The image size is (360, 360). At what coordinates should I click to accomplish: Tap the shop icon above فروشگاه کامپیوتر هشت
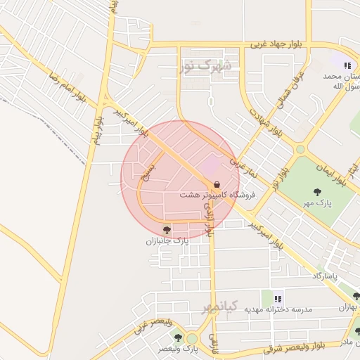click(216, 184)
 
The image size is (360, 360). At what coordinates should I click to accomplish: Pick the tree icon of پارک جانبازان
click(167, 229)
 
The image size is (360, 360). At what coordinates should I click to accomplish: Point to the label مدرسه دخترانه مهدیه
click(278, 309)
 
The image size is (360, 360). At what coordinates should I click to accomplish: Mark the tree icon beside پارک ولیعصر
click(177, 337)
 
